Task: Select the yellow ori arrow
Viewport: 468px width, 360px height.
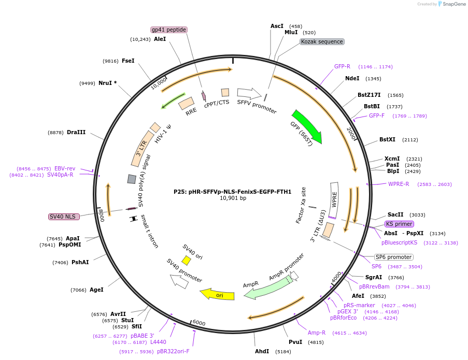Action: (x=217, y=294)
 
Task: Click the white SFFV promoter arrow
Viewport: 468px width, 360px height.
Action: (x=249, y=93)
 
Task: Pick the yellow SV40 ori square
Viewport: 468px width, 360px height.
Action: (x=186, y=260)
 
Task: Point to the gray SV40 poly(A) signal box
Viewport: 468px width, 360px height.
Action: (x=132, y=179)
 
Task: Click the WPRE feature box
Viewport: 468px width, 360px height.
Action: (x=334, y=200)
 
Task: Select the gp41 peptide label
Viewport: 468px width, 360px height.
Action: (x=169, y=30)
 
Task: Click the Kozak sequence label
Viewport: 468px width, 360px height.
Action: (x=322, y=41)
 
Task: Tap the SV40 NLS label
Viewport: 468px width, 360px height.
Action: (x=64, y=217)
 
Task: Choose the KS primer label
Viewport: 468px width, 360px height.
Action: (x=400, y=224)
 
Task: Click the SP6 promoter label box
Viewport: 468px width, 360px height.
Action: (x=394, y=257)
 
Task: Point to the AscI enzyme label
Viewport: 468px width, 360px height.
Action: (x=277, y=26)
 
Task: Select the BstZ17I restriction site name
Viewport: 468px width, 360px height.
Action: (x=369, y=95)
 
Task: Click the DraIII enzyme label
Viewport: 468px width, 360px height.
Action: (x=76, y=132)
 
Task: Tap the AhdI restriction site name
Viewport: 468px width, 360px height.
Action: (x=262, y=351)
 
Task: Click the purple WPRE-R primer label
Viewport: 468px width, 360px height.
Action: (x=399, y=184)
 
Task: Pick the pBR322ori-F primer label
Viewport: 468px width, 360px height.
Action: (x=173, y=351)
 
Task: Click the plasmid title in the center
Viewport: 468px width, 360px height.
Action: (x=233, y=192)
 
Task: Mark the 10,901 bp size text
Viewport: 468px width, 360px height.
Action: (x=233, y=198)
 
